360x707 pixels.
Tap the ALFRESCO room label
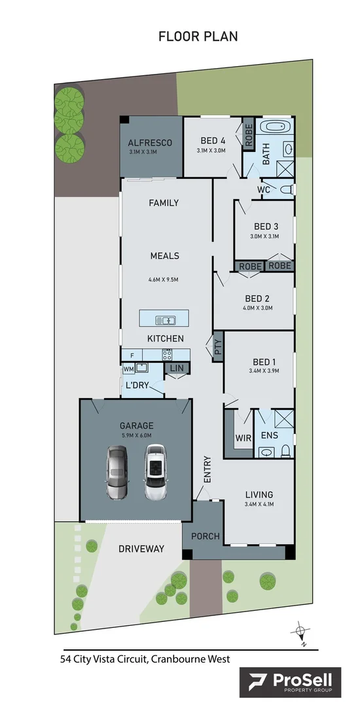[x=150, y=143]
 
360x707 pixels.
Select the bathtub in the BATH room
[x=278, y=128]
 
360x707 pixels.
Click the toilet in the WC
[x=285, y=189]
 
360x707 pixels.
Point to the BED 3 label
[x=266, y=227]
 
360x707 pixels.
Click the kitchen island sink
[x=165, y=319]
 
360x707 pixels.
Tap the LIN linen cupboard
[x=177, y=369]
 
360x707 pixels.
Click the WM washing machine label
[x=128, y=369]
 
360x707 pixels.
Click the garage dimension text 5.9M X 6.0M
[x=135, y=435]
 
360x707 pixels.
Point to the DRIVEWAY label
[x=141, y=549]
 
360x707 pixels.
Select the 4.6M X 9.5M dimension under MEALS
[x=164, y=280]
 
